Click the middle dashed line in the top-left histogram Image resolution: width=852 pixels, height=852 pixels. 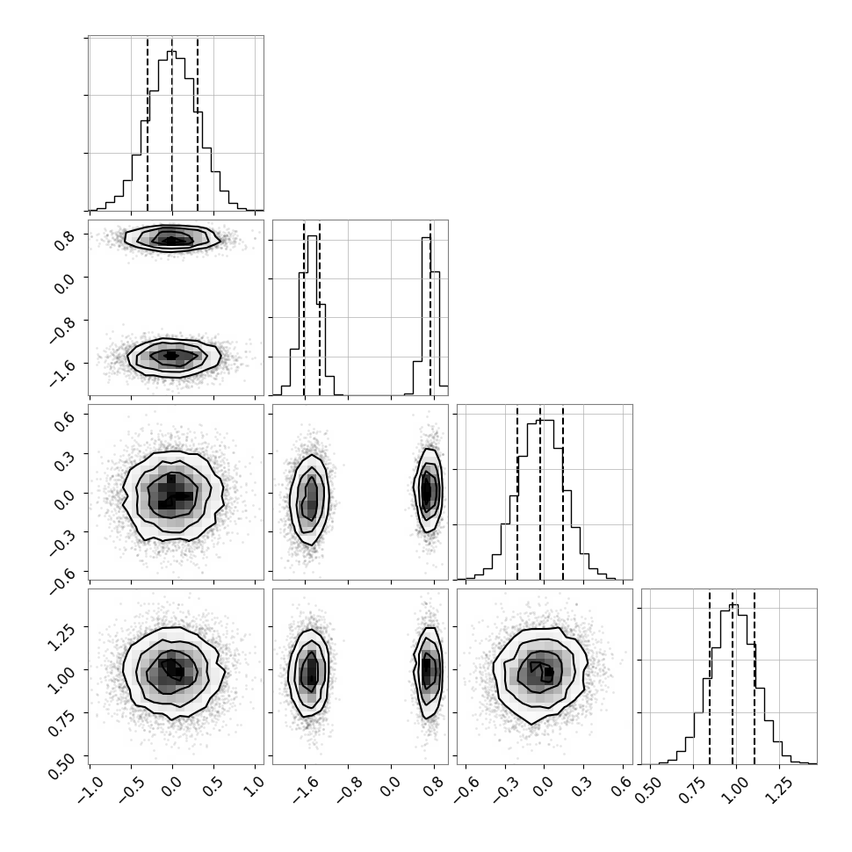[x=172, y=123]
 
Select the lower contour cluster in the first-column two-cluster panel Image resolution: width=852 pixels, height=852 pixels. [x=172, y=355]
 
